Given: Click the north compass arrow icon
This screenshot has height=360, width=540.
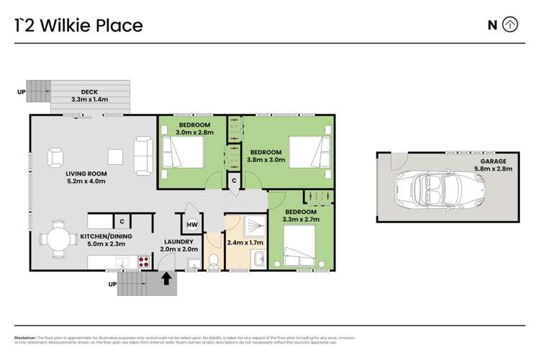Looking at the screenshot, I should (510, 25).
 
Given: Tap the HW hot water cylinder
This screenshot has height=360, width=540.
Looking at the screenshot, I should (192, 225).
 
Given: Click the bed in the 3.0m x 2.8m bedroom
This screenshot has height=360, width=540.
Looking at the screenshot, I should (183, 152).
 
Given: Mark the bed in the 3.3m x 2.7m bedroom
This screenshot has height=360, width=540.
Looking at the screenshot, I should (305, 246).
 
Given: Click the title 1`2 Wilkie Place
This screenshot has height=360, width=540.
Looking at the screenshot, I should (79, 26).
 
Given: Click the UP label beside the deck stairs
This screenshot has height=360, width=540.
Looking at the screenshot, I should (22, 92).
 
